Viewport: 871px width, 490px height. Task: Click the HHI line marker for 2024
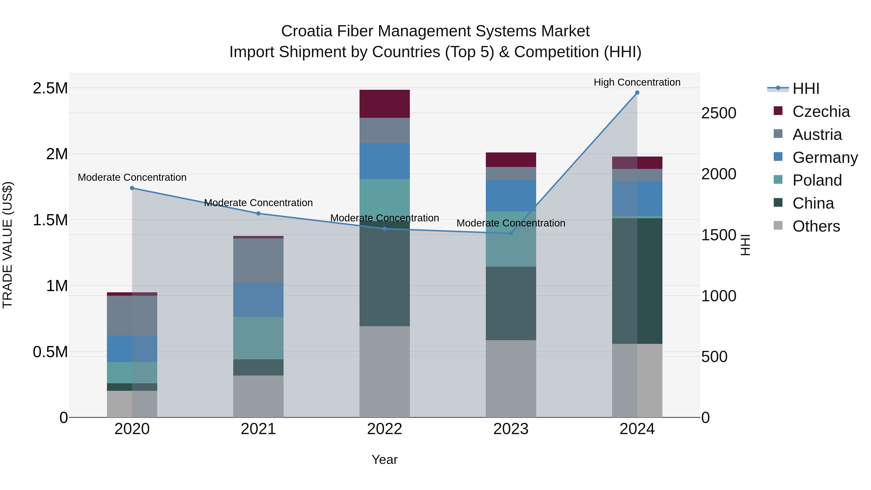[x=637, y=93]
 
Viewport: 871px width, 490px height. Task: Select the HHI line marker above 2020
[x=132, y=188]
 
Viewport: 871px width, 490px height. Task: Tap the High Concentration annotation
[x=637, y=83]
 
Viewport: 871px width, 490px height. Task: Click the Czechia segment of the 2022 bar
[x=384, y=104]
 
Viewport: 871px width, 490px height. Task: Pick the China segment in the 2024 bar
[x=637, y=281]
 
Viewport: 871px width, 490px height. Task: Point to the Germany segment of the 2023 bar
[x=511, y=196]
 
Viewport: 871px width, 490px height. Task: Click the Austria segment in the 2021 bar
[x=258, y=260]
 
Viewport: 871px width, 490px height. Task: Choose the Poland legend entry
[x=817, y=180]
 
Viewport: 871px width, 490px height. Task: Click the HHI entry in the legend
[x=805, y=89]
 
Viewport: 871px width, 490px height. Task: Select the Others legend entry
[x=816, y=226]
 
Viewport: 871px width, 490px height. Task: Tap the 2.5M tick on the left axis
[x=50, y=88]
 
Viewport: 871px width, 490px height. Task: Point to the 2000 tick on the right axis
[x=719, y=174]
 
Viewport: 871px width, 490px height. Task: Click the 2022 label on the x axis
[x=384, y=429]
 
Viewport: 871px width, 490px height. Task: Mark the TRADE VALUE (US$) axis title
[x=8, y=245]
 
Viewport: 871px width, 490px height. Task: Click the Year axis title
[x=384, y=460]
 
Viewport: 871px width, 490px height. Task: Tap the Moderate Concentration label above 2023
[x=511, y=223]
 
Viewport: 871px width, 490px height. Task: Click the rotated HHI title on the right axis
[x=745, y=245]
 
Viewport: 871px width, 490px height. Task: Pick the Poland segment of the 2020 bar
[x=132, y=372]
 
